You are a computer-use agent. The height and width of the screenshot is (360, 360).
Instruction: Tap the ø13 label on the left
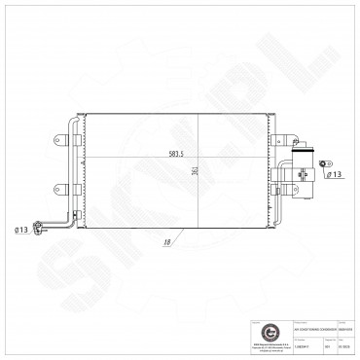(x=20, y=229)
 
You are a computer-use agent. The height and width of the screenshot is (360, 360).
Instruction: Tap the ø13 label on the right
(x=333, y=175)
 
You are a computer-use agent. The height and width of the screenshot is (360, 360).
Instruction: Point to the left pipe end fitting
(x=40, y=230)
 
